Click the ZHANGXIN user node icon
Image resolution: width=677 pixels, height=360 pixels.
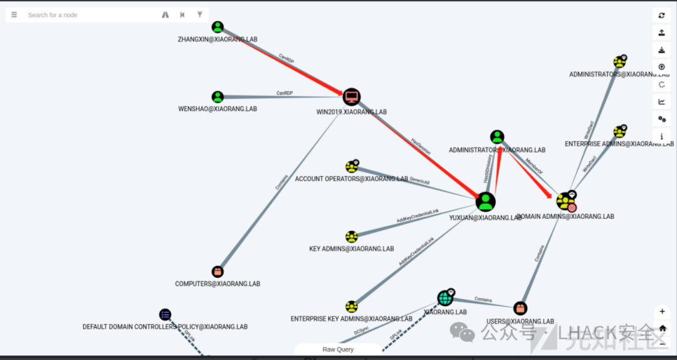pos(218,27)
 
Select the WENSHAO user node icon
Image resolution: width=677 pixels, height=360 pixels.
pos(218,97)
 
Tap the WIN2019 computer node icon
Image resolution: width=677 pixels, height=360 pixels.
pos(352,97)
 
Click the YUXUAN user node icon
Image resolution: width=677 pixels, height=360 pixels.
pos(485,202)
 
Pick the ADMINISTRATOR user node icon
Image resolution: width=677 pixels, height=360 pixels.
pos(497,137)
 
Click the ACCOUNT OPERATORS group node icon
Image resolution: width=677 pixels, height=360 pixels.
pos(352,167)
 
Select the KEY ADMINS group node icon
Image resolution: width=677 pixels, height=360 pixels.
pos(352,236)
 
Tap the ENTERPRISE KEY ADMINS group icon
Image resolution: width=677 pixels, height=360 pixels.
pos(352,307)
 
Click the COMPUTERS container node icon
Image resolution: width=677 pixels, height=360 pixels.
pos(218,272)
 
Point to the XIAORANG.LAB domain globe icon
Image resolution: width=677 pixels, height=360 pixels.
pos(445,298)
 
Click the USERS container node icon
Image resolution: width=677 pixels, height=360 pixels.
pos(520,309)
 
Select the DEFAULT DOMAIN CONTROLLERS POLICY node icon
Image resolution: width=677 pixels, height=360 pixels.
pos(165,314)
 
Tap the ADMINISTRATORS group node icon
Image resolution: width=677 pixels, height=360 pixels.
pos(619,62)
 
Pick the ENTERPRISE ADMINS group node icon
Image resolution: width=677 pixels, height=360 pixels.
pos(619,132)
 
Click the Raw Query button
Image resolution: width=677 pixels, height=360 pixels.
pos(338,349)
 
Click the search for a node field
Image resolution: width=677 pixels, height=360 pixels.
pos(88,15)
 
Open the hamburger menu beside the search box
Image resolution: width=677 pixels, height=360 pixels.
pos(14,15)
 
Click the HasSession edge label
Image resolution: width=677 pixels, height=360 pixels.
pos(421,147)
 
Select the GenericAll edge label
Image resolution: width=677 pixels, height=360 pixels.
pos(419,181)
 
